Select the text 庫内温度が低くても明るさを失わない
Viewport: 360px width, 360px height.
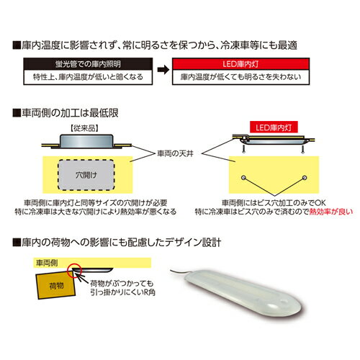point(228,76)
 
